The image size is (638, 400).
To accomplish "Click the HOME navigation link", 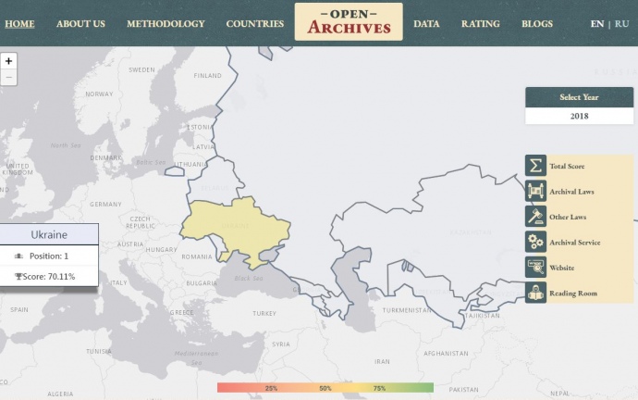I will [19, 23].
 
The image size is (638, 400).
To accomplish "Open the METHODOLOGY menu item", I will [166, 23].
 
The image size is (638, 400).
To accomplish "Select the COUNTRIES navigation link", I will [254, 23].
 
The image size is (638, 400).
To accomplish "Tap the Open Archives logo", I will [349, 22].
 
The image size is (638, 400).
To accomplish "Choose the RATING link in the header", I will [480, 23].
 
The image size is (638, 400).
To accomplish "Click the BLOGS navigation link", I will [536, 23].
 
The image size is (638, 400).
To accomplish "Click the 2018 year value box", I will [579, 117].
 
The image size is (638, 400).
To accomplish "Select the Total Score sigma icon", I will [536, 167].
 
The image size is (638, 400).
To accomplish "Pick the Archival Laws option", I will [571, 192].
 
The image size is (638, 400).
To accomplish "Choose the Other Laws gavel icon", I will [536, 217].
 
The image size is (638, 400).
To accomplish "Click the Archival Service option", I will [574, 243].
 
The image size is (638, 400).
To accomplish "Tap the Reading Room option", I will [572, 294].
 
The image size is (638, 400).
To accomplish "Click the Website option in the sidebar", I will [561, 268].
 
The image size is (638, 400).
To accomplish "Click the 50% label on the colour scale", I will [325, 388].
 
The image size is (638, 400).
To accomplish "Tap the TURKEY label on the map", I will [264, 313].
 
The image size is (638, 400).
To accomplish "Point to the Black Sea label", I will [248, 278].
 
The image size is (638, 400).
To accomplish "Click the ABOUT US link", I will [80, 23].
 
